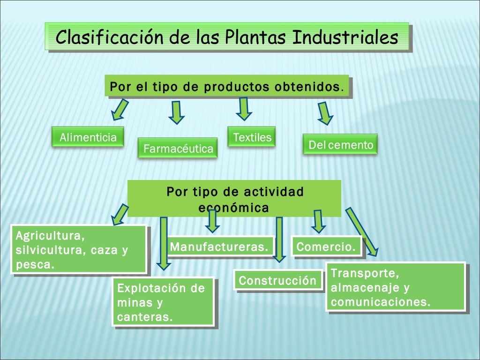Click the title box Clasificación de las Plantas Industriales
(x=227, y=37)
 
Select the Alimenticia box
(x=88, y=137)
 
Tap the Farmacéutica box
(x=178, y=149)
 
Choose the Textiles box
(x=252, y=137)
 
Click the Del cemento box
(x=340, y=145)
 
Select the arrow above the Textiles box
(x=243, y=109)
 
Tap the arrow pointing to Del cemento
(x=324, y=113)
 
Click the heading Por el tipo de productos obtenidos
(x=227, y=87)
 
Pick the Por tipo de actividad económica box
(x=234, y=199)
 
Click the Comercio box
(x=327, y=247)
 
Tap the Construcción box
(x=278, y=281)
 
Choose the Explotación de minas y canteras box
(x=163, y=302)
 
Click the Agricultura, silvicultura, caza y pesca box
(x=78, y=249)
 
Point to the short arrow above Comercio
(x=318, y=221)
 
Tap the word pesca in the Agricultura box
(x=35, y=265)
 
